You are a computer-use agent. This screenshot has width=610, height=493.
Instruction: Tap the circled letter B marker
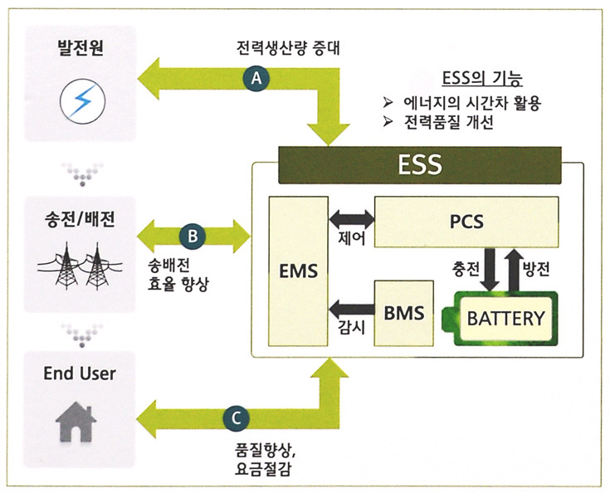(193, 236)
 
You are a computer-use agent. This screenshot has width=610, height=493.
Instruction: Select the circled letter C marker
(236, 417)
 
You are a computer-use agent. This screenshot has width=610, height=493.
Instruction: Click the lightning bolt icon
(80, 102)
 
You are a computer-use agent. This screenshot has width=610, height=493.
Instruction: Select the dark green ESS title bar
(417, 164)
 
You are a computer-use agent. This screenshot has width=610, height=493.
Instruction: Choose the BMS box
(403, 314)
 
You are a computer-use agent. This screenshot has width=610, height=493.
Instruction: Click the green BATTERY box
(506, 317)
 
